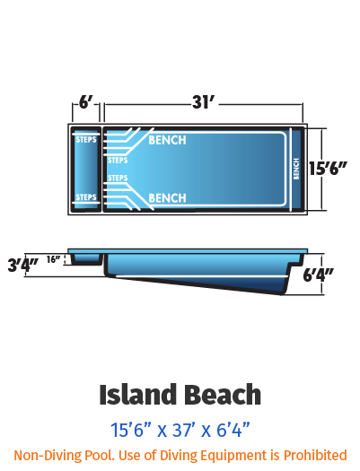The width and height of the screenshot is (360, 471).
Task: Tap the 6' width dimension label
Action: [x=85, y=102]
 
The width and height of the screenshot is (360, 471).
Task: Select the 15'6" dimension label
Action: [x=328, y=169]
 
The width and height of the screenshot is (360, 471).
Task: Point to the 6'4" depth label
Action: [x=318, y=275]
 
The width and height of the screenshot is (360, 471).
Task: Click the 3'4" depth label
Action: [x=22, y=265]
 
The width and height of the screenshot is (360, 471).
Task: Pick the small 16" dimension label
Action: [x=54, y=259]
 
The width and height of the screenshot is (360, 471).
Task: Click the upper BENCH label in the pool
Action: [x=167, y=140]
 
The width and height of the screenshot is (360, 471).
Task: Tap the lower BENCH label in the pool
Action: [x=167, y=198]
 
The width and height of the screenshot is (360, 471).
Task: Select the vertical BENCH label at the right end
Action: [x=296, y=170]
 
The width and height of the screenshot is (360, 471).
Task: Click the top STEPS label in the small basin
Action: [x=86, y=140]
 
